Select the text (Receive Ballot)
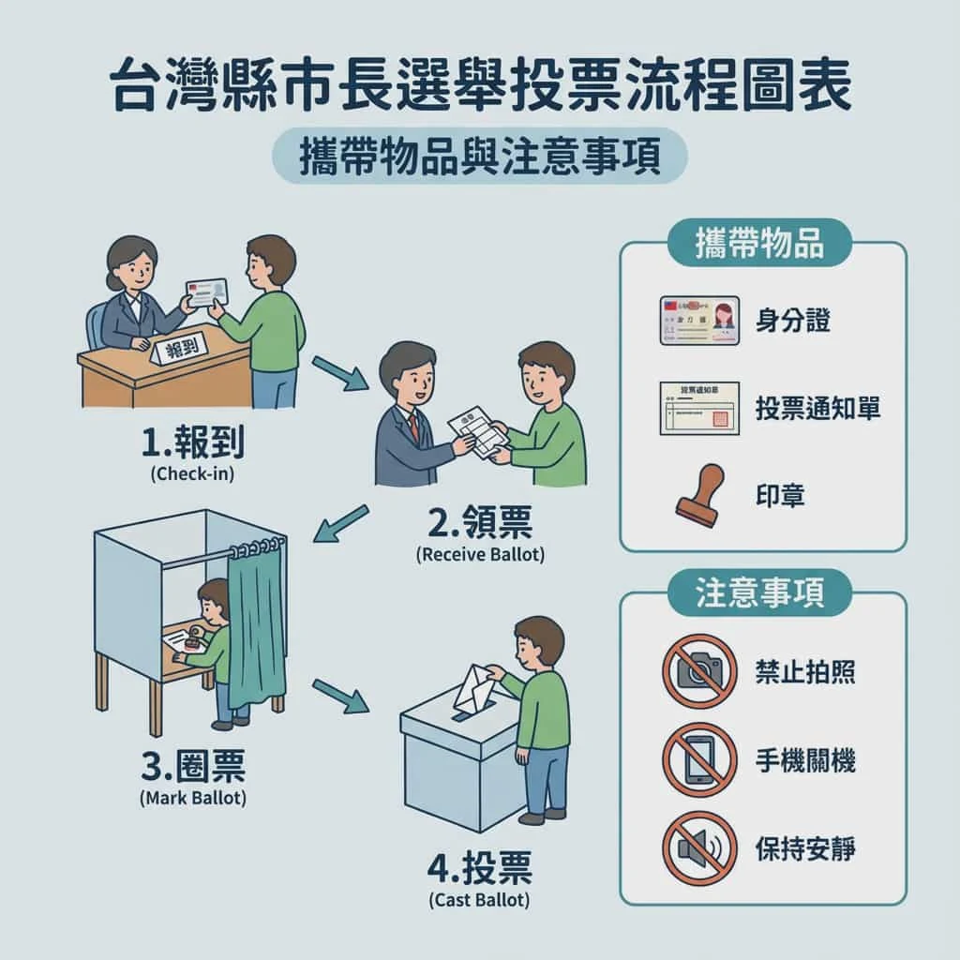point(479,554)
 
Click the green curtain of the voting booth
point(254,637)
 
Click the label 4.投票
point(479,869)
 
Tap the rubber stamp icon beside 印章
point(699,493)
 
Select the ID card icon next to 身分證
point(699,321)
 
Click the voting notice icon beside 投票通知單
point(699,407)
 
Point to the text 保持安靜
point(805,848)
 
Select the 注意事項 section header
point(760,593)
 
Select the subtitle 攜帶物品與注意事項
point(479,156)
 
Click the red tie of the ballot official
point(413,426)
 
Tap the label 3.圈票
point(193,768)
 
